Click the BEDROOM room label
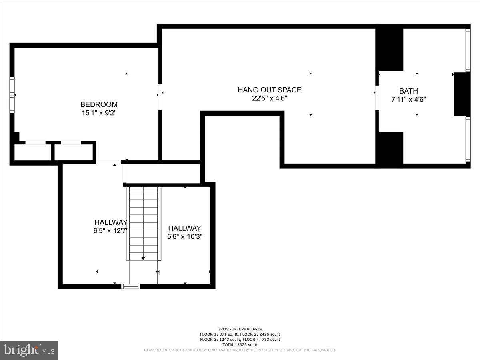pyautogui.click(x=99, y=104)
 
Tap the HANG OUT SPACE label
pyautogui.click(x=269, y=90)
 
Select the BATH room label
pyautogui.click(x=408, y=91)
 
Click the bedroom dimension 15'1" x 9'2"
pyautogui.click(x=99, y=113)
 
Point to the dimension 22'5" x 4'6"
pyautogui.click(x=269, y=98)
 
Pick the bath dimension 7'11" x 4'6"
pyautogui.click(x=408, y=100)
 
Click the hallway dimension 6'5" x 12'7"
pyautogui.click(x=111, y=230)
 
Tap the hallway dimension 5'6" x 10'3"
pyautogui.click(x=185, y=236)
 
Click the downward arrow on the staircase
pyautogui.click(x=143, y=258)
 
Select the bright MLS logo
pyautogui.click(x=29, y=350)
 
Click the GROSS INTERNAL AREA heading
pyautogui.click(x=240, y=329)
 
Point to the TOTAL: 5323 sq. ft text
pyautogui.click(x=240, y=344)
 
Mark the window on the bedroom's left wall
pyautogui.click(x=12, y=95)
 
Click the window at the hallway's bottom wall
pyautogui.click(x=131, y=286)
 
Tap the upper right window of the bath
pyautogui.click(x=468, y=50)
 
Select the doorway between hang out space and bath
pyautogui.click(x=377, y=97)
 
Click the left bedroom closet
pyautogui.click(x=33, y=152)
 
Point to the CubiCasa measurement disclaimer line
pyautogui.click(x=240, y=350)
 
